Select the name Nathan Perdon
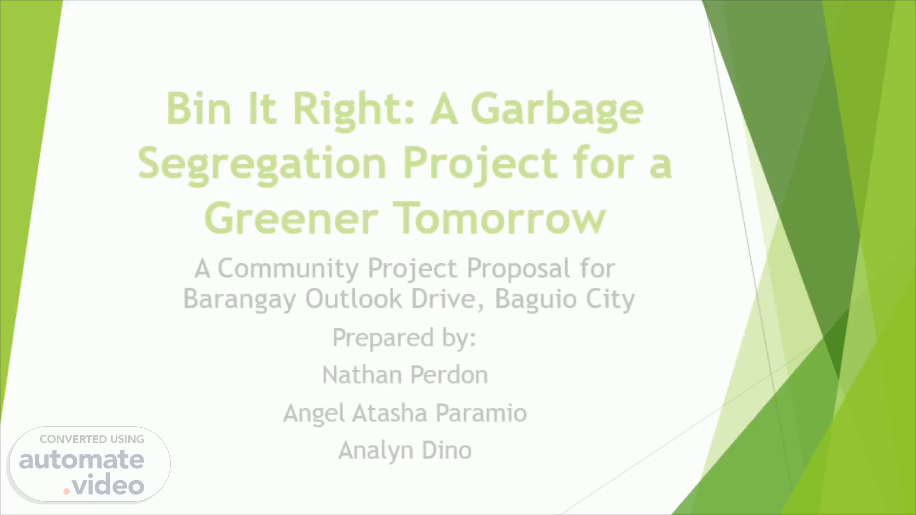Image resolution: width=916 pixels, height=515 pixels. [x=405, y=375]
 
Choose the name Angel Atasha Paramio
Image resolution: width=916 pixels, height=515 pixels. [x=405, y=413]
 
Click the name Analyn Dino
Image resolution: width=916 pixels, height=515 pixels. [x=405, y=451]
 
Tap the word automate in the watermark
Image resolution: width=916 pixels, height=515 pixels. [x=82, y=460]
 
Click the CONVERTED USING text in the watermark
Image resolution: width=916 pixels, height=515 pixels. [x=92, y=439]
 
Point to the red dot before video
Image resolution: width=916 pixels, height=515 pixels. [x=67, y=491]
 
